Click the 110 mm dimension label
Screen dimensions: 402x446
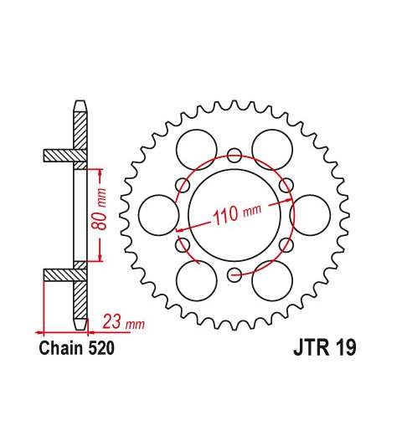click(x=237, y=214)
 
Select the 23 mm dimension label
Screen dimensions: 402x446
click(x=124, y=321)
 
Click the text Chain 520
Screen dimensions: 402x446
click(x=76, y=348)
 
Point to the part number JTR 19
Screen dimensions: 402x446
click(x=325, y=347)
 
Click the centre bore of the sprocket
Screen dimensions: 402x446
click(x=234, y=215)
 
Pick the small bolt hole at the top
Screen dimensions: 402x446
click(x=234, y=156)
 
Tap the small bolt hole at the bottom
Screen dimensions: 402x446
click(x=234, y=274)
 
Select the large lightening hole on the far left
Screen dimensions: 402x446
click(x=158, y=215)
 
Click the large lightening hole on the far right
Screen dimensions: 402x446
click(x=310, y=215)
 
